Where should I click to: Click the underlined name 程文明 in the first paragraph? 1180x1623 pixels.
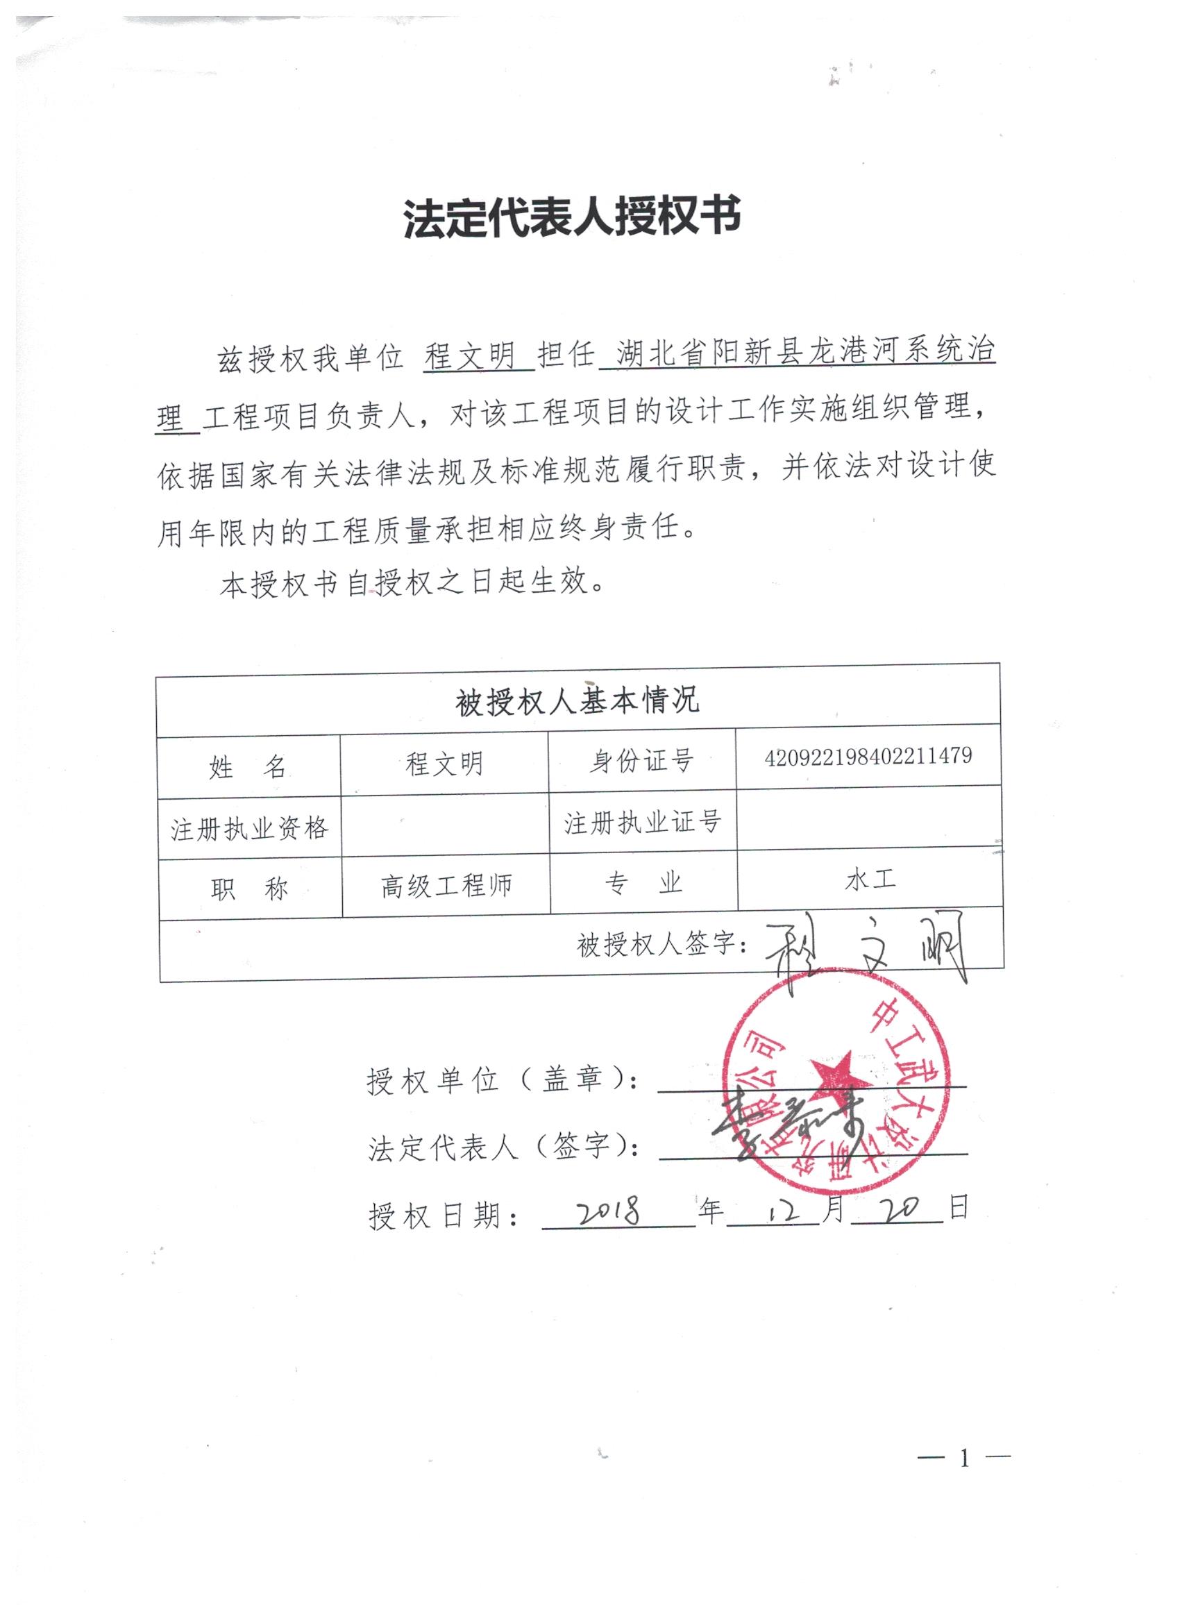tap(471, 355)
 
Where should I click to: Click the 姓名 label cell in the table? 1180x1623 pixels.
tap(248, 768)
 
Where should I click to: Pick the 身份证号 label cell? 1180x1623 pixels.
tap(641, 762)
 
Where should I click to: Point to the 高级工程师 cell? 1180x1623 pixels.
tap(446, 886)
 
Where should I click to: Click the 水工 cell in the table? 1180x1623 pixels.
tap(870, 880)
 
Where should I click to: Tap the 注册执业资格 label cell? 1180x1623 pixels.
tap(249, 829)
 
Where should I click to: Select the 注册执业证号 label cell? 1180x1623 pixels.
tap(642, 823)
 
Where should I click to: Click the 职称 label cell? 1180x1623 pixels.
tap(249, 889)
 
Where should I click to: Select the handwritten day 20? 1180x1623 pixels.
tap(897, 1209)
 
